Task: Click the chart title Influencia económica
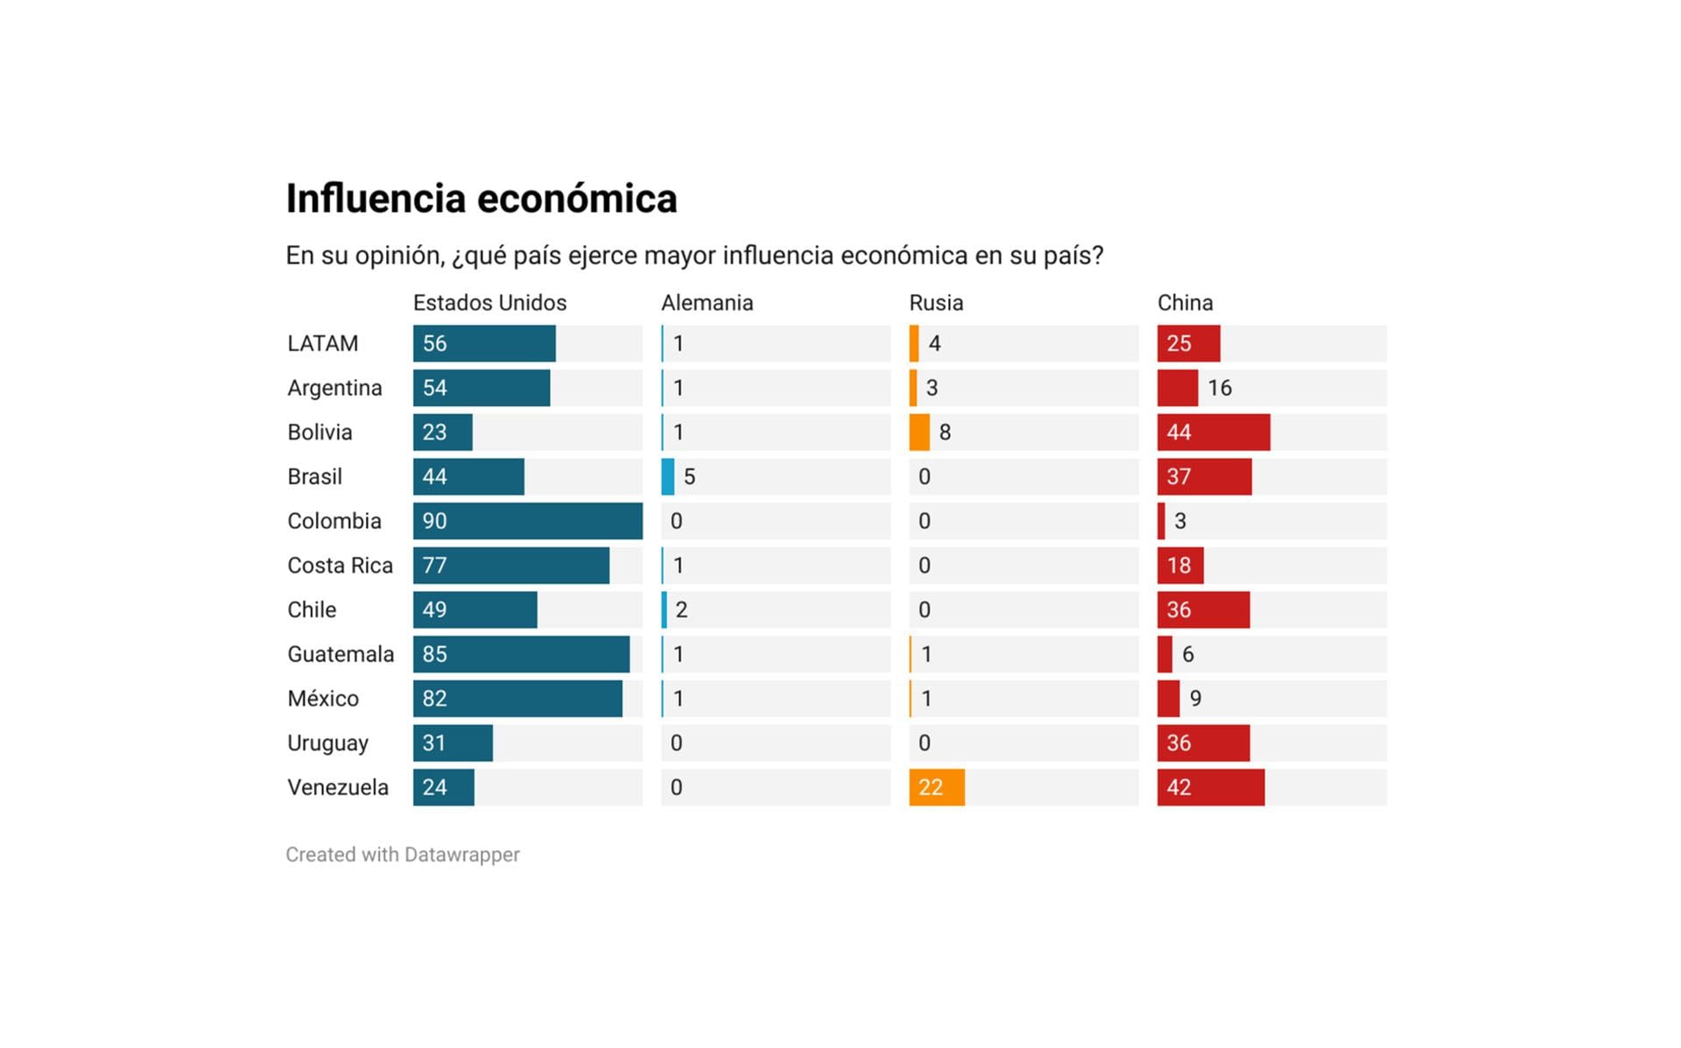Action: (x=482, y=199)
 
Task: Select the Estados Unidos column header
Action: (x=489, y=303)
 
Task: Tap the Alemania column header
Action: (x=707, y=303)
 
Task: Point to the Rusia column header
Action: (x=936, y=303)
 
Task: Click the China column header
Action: (x=1185, y=303)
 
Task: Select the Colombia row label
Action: (x=334, y=521)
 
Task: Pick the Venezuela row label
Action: (x=338, y=787)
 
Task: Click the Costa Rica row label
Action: (x=340, y=566)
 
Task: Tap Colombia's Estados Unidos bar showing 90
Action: (x=528, y=521)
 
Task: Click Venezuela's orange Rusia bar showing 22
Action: (x=937, y=787)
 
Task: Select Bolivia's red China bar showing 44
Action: (x=1213, y=433)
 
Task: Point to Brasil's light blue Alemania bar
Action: (x=668, y=477)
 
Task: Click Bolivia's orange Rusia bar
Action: (x=919, y=433)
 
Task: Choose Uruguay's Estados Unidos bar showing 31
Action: (x=453, y=743)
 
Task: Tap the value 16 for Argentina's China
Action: (x=1220, y=388)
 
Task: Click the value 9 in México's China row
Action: (x=1195, y=699)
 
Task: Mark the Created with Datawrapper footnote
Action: (x=403, y=855)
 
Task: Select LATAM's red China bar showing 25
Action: (x=1188, y=343)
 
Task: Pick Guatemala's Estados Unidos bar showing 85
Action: (x=521, y=654)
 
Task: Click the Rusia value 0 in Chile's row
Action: (x=925, y=610)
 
